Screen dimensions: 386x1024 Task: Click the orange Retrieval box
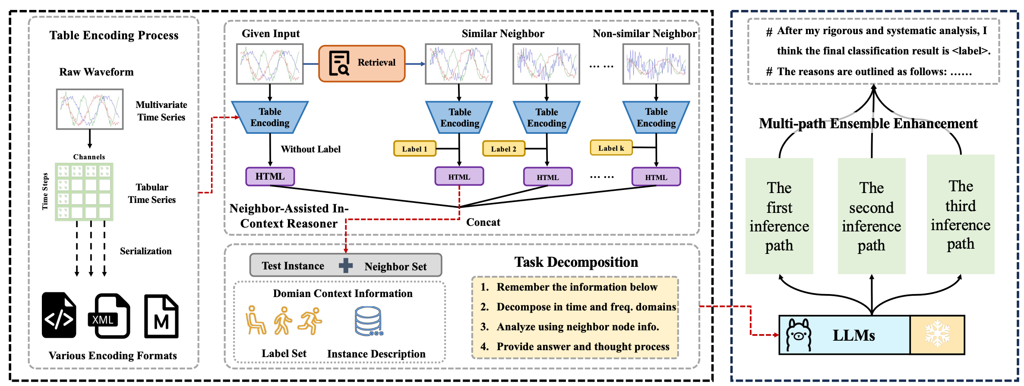362,63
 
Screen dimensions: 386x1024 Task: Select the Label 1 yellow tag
415,149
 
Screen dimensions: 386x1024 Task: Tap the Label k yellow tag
611,148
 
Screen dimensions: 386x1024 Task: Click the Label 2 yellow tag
503,149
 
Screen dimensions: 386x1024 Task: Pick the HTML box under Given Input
270,177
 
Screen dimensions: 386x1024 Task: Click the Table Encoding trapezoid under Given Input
270,117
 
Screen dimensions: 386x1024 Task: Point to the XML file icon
109,316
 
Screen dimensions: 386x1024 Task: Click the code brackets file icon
59,315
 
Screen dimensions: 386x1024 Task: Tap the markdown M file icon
161,316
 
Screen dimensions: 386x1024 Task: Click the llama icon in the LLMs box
798,335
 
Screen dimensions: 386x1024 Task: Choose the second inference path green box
871,216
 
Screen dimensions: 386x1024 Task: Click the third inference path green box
960,215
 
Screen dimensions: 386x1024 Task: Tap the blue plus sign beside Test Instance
345,266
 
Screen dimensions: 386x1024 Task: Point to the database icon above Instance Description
368,321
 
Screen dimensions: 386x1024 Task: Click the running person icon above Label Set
310,321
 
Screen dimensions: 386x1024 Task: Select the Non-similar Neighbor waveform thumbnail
656,64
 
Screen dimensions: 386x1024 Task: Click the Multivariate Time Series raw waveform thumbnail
90,109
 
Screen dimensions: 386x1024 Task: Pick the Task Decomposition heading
576,262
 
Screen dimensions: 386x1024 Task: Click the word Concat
483,222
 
